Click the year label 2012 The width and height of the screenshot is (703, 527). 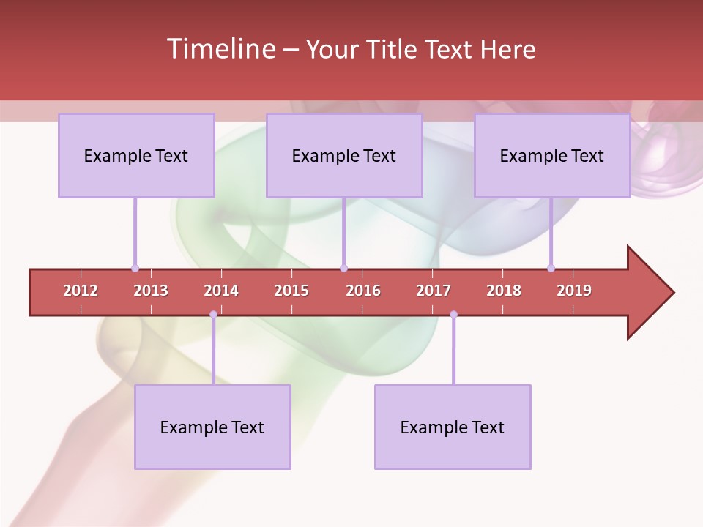[x=81, y=291]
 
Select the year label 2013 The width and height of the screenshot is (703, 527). [x=151, y=291]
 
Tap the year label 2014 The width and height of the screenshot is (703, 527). [x=221, y=291]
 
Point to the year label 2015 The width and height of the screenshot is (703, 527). [x=291, y=291]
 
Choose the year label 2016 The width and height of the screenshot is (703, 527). [x=363, y=291]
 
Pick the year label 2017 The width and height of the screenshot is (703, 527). [x=434, y=291]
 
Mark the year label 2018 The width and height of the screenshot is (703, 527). [x=504, y=291]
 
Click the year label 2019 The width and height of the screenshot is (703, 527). [x=574, y=291]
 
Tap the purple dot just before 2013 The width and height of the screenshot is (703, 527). [x=135, y=268]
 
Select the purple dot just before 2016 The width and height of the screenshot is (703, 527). [x=343, y=268]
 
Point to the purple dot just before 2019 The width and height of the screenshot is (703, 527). [x=551, y=268]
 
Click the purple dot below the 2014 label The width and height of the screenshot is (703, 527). [x=213, y=315]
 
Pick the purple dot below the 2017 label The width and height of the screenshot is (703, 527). [x=453, y=315]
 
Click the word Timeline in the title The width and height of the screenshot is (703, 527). [x=220, y=49]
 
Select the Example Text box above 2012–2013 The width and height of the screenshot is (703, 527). [x=136, y=155]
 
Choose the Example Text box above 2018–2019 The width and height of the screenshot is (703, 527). [x=552, y=155]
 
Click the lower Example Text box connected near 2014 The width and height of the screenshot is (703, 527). [x=212, y=427]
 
